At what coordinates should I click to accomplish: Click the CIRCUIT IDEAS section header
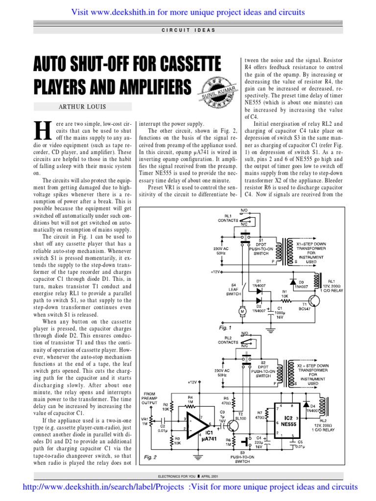pyautogui.click(x=188, y=30)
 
